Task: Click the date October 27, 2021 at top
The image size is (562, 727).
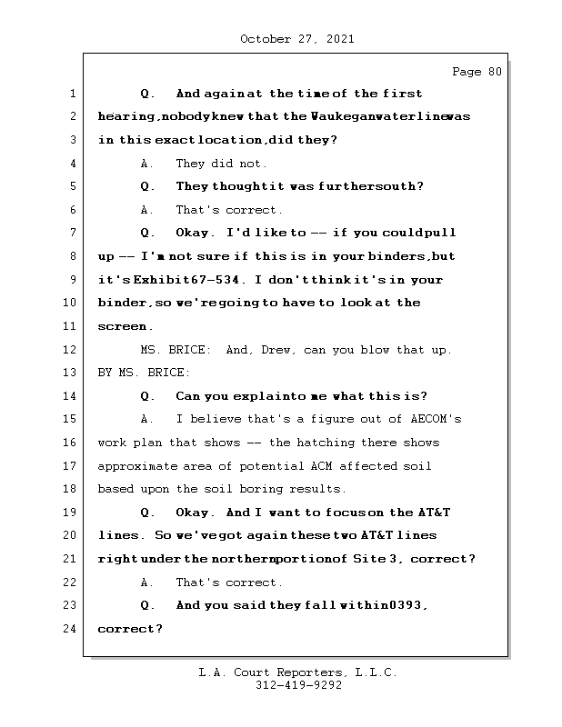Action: (296, 39)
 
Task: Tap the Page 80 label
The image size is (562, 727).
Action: (477, 72)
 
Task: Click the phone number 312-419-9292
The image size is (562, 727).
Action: (298, 686)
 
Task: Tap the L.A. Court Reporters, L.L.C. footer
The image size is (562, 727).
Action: (298, 672)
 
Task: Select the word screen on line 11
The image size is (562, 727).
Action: (122, 326)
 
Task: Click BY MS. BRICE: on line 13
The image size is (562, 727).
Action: (144, 373)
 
